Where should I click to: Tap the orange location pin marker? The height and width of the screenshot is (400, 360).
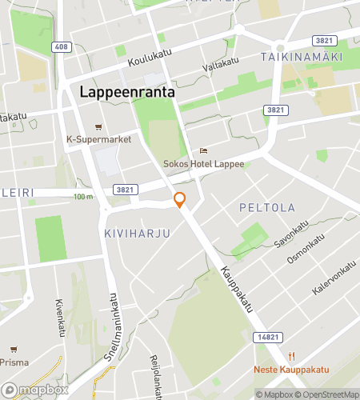(180, 201)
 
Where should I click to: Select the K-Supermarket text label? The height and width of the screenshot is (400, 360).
(98, 138)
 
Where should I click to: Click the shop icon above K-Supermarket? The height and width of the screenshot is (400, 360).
(98, 126)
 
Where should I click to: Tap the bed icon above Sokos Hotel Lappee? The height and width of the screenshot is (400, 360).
(203, 150)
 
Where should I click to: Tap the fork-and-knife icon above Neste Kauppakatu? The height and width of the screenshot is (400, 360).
(293, 356)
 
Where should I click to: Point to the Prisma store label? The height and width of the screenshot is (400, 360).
(14, 362)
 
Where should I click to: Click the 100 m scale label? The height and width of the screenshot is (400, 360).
(83, 197)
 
